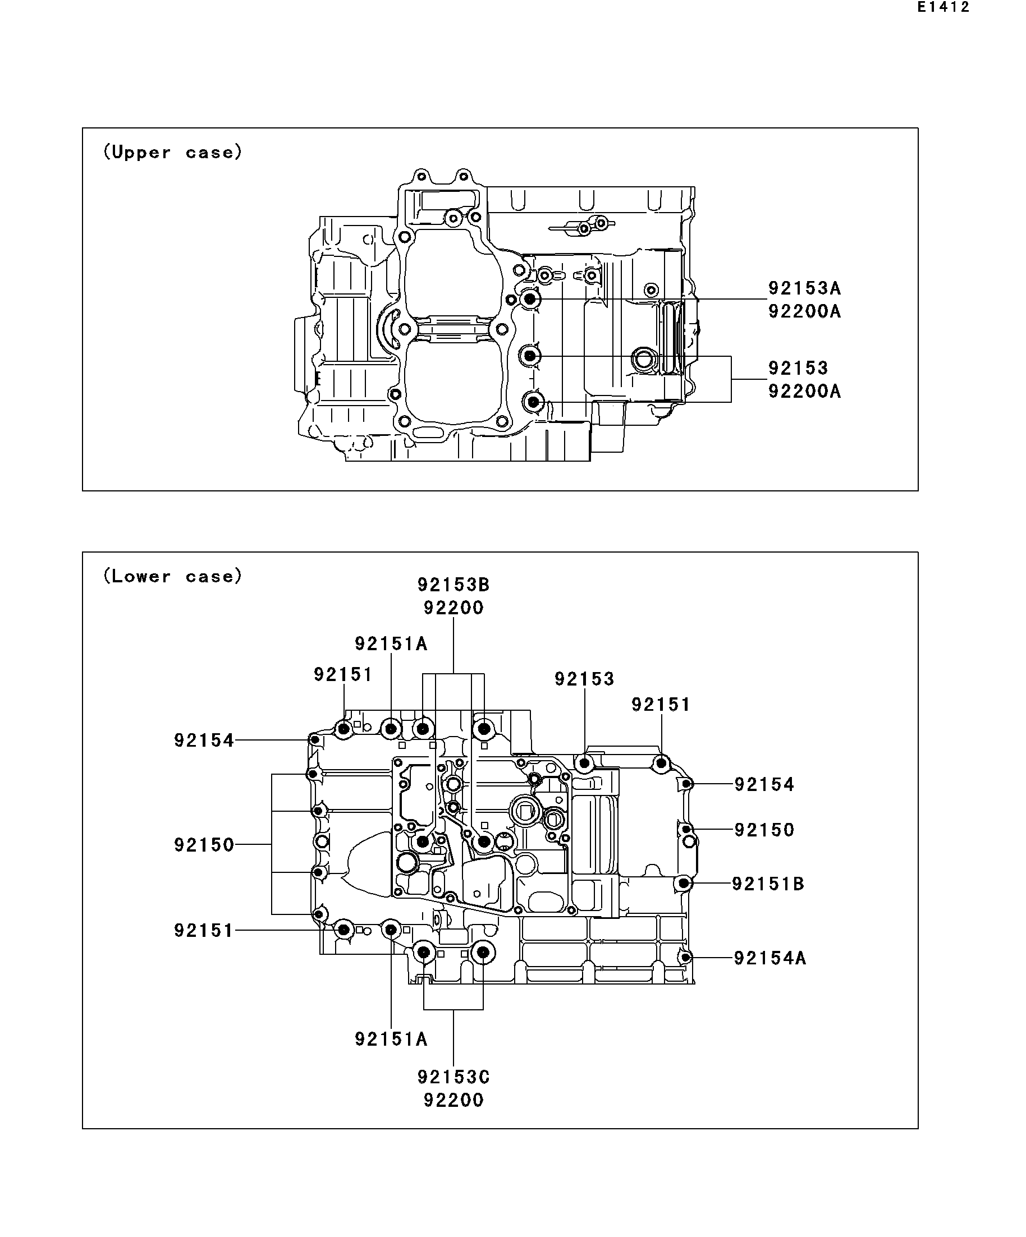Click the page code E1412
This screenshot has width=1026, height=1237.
[x=943, y=8]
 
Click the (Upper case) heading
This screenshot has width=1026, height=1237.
[x=173, y=152]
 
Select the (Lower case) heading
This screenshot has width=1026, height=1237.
[x=173, y=576]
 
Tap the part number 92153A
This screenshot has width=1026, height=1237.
[x=804, y=288]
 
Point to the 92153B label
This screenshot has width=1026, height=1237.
[x=454, y=585]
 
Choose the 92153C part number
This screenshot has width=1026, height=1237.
[x=454, y=1077]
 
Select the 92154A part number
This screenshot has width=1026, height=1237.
[x=769, y=958]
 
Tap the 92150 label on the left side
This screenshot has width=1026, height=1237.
[x=204, y=845]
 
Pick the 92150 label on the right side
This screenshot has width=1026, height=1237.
[x=764, y=829]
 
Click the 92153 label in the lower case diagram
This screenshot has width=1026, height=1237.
[x=584, y=679]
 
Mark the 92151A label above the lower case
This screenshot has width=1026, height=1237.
[x=391, y=644]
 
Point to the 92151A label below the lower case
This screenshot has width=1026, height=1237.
[x=391, y=1039]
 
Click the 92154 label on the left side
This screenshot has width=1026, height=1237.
[x=204, y=740]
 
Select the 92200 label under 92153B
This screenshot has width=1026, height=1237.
[x=454, y=608]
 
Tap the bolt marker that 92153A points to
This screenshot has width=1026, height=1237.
[x=530, y=299]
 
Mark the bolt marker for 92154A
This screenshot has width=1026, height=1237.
[x=685, y=957]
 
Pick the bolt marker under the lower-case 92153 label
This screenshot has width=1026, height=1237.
[x=585, y=764]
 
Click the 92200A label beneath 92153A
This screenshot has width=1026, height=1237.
[x=804, y=311]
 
